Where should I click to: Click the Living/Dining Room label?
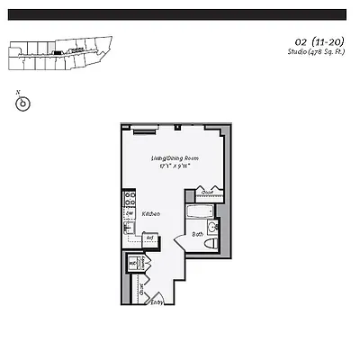175,158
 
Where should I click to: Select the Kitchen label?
151,213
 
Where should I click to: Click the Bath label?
196,234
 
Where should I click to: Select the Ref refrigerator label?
149,238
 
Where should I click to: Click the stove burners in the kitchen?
130,199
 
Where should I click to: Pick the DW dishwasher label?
130,213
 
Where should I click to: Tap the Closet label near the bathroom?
206,192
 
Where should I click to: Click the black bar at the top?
180,14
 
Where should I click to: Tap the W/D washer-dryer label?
133,264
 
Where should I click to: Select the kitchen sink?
130,228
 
